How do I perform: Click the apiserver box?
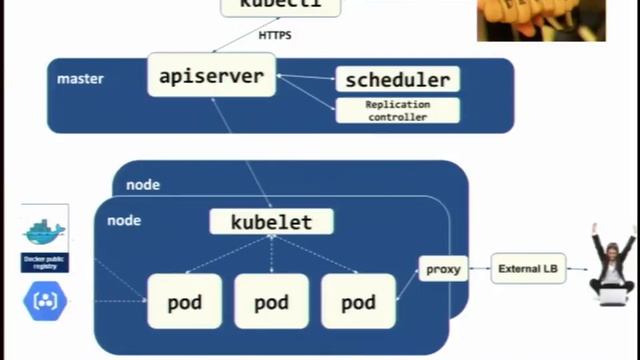(211, 75)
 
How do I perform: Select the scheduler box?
(397, 80)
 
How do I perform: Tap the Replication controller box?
(397, 110)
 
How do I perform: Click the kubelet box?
(271, 221)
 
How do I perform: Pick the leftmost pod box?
(184, 301)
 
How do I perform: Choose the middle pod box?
(271, 301)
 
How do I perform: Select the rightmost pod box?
(358, 301)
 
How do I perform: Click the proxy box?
(443, 268)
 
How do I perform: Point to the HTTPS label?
(276, 36)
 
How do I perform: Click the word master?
(80, 78)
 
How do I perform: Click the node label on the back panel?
(143, 185)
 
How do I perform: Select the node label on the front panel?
(124, 220)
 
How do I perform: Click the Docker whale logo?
(45, 232)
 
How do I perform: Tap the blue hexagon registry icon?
(45, 300)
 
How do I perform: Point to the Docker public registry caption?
(45, 262)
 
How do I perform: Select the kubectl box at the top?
(280, 6)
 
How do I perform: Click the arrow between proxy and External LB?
(479, 268)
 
